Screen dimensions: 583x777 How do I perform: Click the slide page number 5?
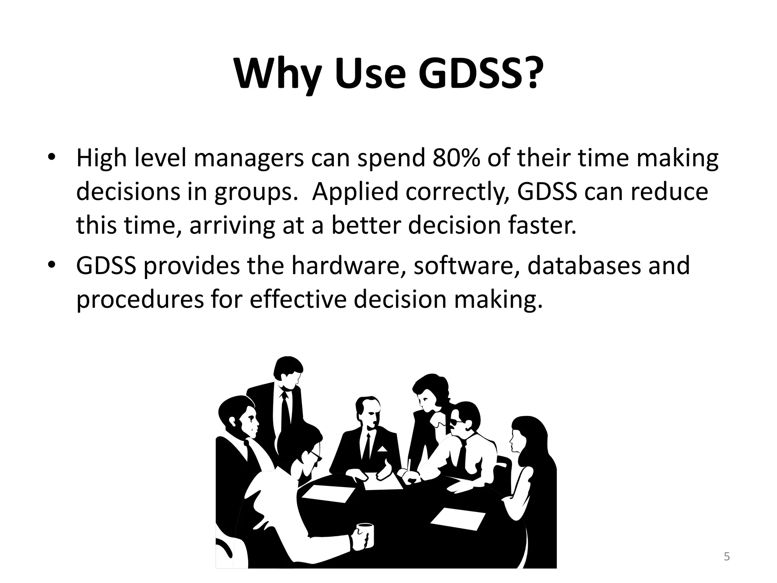coord(727,557)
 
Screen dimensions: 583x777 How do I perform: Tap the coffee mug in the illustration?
coord(365,535)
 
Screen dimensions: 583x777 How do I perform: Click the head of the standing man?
coord(288,372)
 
